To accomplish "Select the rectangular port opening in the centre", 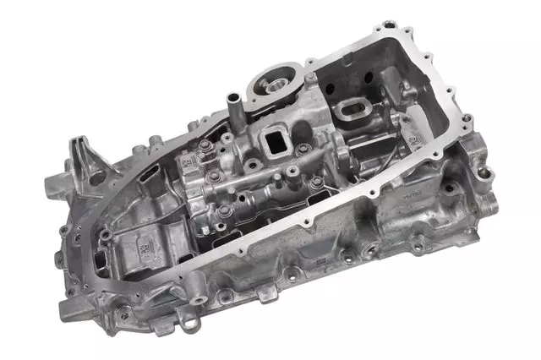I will pos(276,139).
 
